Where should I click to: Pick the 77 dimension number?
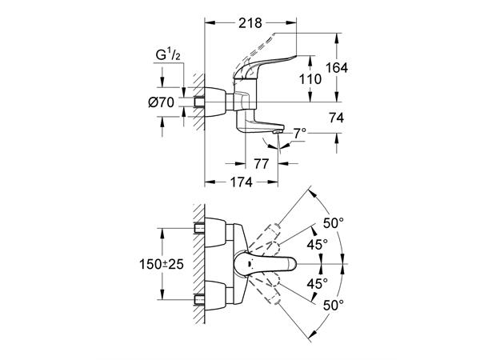pos(262,165)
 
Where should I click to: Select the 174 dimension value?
pos(238,182)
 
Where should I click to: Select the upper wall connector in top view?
pos(202,230)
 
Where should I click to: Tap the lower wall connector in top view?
pos(202,298)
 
